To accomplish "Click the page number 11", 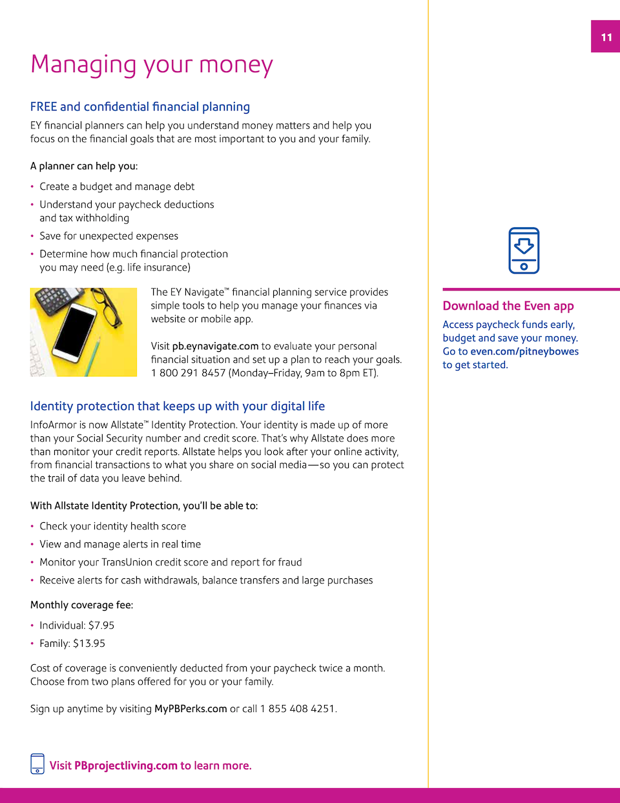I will coord(606,37).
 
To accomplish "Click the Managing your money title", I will coord(152,65).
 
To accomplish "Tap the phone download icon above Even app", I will coord(524,250).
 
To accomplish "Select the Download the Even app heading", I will coord(508,306).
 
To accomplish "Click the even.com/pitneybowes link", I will coord(524,351).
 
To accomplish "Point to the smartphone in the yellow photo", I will coord(76,332).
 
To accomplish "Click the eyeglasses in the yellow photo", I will coord(110,308).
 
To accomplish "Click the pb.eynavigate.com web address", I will coord(215,346).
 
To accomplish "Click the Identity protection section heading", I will coord(178,406).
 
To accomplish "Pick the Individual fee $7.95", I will coord(101,625).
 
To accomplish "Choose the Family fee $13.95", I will coord(89,644).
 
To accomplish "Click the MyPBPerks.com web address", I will coord(191,709).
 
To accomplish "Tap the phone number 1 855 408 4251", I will coord(298,709).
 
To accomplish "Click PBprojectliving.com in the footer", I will coord(126,766).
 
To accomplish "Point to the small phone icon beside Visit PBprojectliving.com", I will coord(37,764).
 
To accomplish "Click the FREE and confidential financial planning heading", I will coord(140,107).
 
